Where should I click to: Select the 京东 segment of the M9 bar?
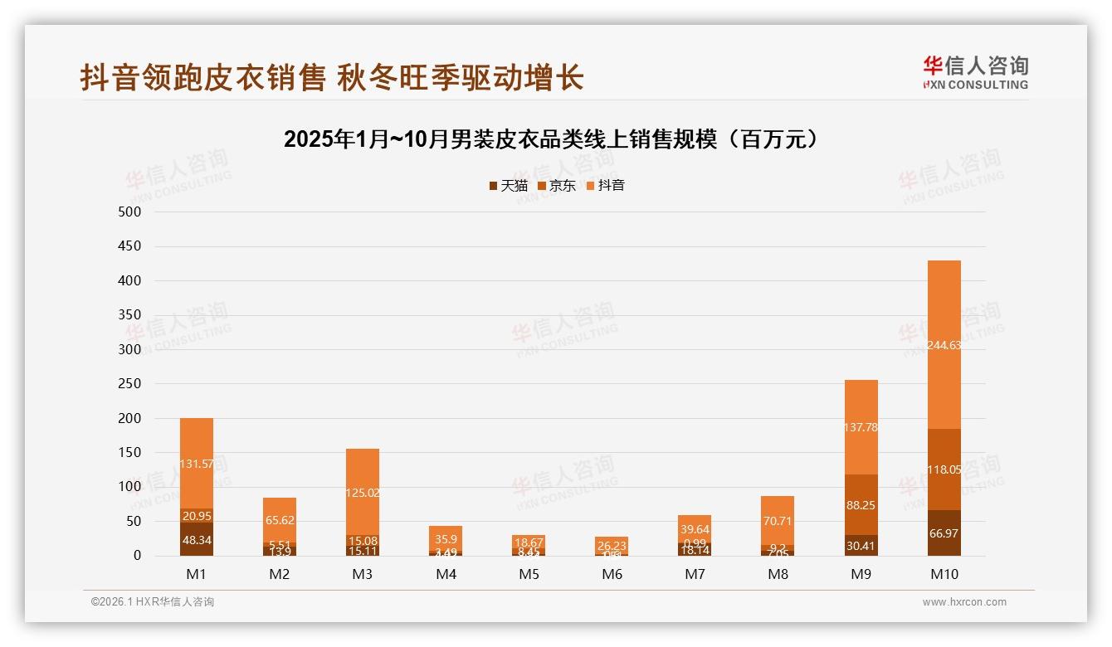click(x=861, y=504)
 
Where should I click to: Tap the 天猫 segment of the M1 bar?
click(x=197, y=539)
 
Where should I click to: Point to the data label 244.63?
click(x=944, y=345)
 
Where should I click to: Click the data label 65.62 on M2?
click(x=280, y=521)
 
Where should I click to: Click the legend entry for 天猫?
click(x=508, y=186)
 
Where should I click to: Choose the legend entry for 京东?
click(x=557, y=186)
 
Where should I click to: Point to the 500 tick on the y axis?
click(x=130, y=212)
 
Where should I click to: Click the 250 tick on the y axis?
click(x=130, y=384)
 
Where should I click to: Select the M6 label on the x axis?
click(x=612, y=574)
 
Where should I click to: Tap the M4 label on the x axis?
click(x=446, y=574)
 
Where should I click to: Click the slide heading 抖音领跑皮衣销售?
click(x=332, y=78)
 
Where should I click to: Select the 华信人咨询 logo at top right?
click(x=975, y=73)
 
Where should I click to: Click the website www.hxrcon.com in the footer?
click(x=964, y=602)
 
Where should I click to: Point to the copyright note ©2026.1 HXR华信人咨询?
click(x=153, y=602)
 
